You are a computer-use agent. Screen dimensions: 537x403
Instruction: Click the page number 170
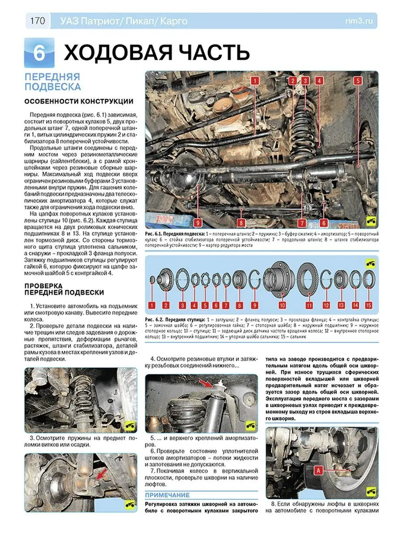38,21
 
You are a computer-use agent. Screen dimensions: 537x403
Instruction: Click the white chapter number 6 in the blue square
39,53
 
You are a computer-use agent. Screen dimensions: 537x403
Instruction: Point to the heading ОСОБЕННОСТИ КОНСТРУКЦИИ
78,101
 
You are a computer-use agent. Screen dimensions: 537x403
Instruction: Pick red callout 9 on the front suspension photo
197,222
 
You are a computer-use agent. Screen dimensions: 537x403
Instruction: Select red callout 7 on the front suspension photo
302,222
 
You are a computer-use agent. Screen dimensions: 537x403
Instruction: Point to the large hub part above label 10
279,279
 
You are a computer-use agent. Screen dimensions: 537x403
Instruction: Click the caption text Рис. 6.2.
155,320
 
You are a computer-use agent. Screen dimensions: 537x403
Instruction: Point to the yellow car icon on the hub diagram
370,263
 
